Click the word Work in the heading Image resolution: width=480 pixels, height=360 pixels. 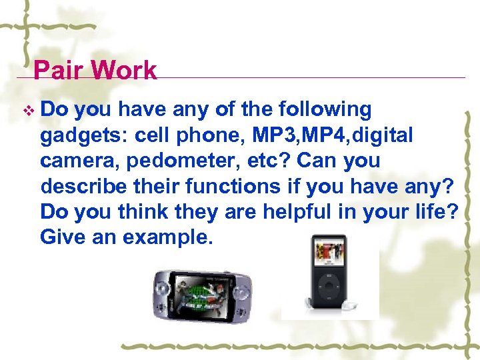pos(125,70)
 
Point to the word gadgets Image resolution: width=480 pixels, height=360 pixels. pos(83,135)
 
